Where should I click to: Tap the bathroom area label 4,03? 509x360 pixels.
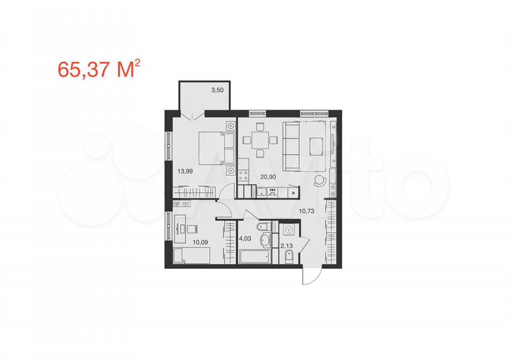tap(245, 238)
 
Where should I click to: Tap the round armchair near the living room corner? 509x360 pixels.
tap(320, 180)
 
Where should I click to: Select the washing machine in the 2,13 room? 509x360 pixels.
tap(288, 231)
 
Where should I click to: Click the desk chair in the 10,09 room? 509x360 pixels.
tap(192, 228)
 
